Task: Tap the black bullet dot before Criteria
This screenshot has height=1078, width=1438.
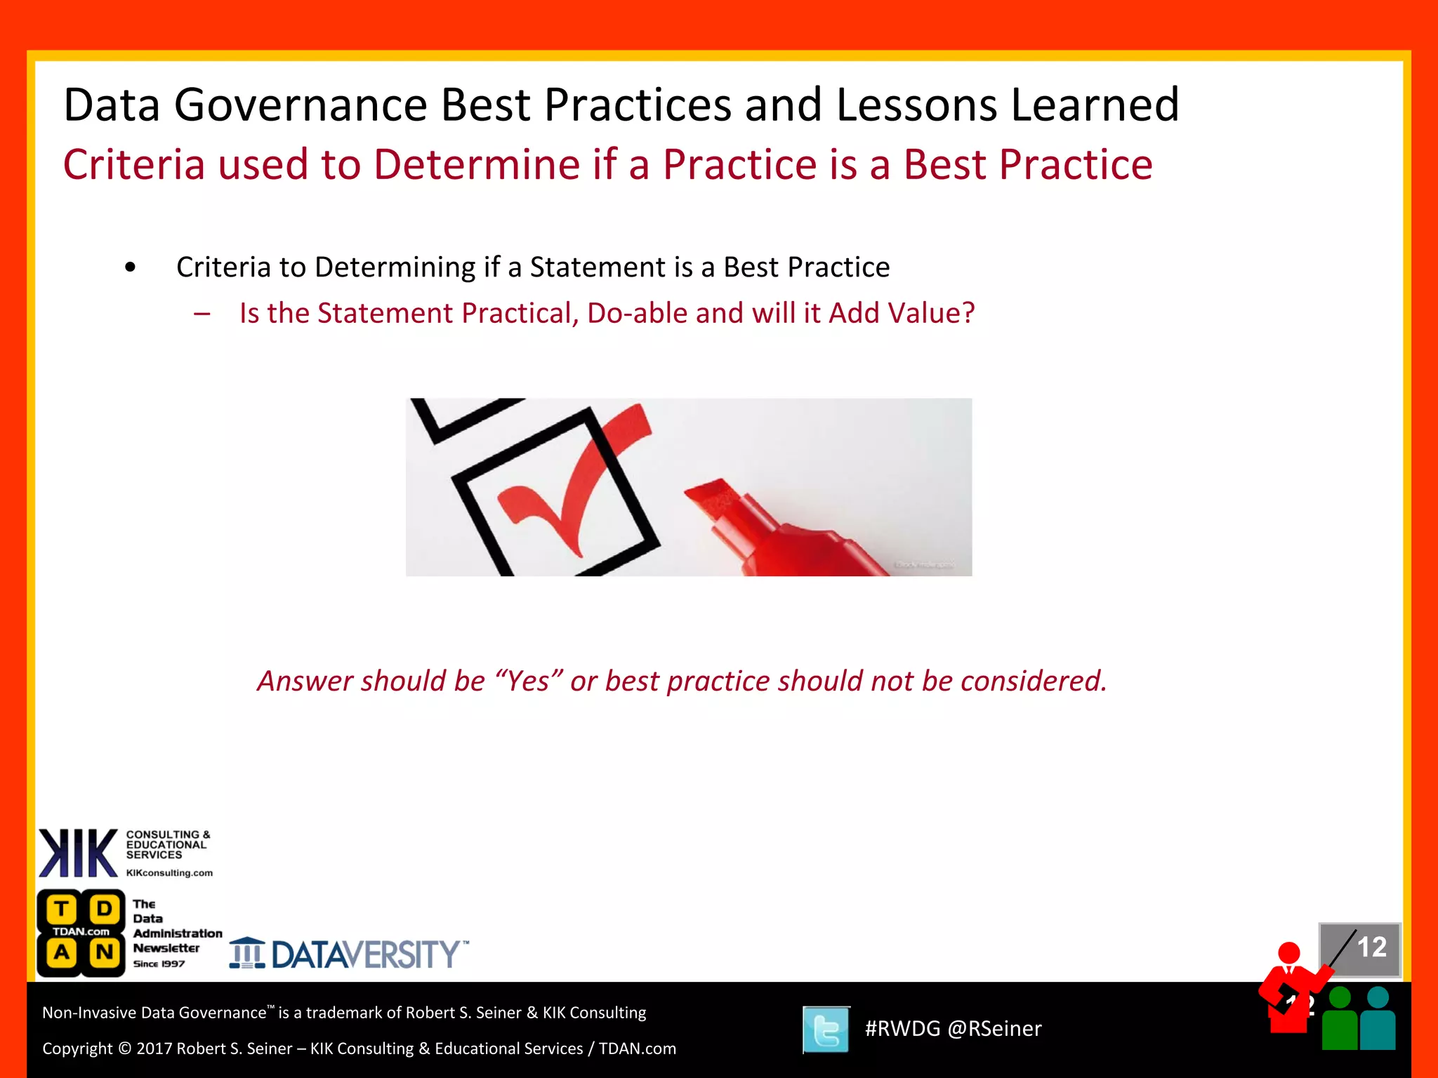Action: [130, 267]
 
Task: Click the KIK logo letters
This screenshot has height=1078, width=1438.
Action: [77, 853]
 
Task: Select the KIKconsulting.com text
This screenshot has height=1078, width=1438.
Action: [169, 873]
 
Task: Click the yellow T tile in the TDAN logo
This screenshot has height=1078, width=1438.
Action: [61, 910]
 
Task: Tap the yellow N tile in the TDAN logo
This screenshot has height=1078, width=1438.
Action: [104, 952]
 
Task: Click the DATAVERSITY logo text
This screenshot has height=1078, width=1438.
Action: [365, 955]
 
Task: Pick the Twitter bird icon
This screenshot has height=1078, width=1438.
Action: [826, 1030]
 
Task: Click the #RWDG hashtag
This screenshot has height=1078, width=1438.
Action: [902, 1029]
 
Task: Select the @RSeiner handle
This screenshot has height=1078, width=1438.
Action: [994, 1029]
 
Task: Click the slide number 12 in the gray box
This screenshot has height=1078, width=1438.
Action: [1371, 947]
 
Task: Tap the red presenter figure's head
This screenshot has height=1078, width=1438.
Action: [1289, 953]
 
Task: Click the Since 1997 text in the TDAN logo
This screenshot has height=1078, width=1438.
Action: [159, 964]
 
